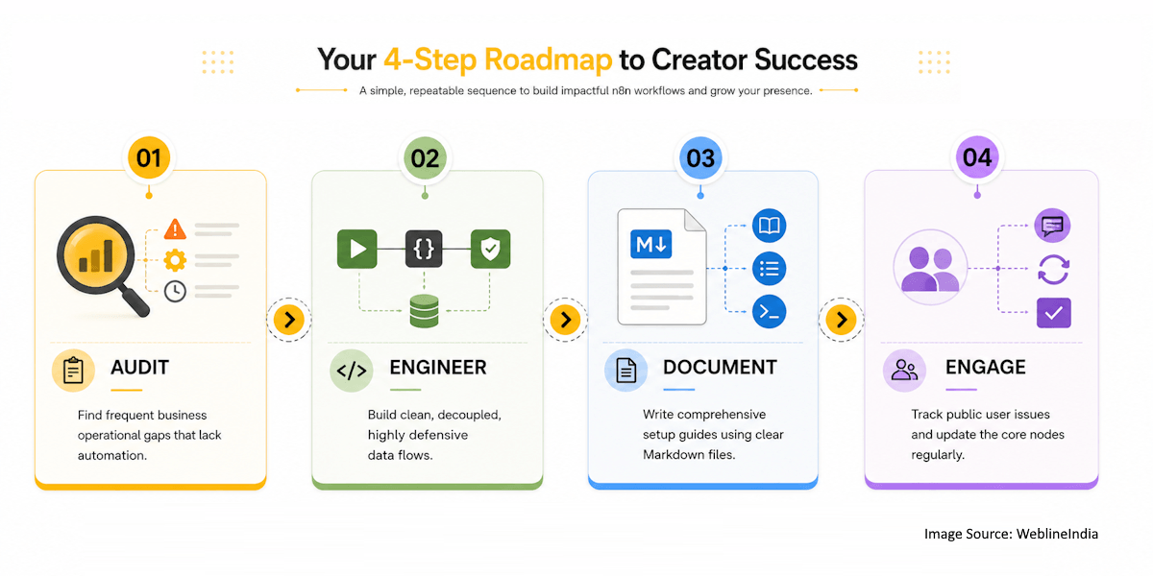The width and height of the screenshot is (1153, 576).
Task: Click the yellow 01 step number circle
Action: click(149, 157)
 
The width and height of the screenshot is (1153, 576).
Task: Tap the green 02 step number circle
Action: click(425, 157)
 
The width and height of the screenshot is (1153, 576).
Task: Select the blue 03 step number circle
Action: click(700, 157)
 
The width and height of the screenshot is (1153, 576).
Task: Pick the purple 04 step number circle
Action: click(977, 156)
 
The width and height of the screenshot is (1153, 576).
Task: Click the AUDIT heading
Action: click(140, 367)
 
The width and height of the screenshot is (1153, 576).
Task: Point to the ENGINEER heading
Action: click(438, 367)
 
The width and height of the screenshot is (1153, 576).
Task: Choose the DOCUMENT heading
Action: click(720, 367)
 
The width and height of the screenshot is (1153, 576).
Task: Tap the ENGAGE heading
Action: click(986, 367)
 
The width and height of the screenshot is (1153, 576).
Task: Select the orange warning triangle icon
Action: click(175, 229)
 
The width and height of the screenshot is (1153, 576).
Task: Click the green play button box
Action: click(357, 249)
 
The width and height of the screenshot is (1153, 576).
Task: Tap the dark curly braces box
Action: click(424, 249)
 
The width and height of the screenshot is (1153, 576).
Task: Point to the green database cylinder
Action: click(424, 311)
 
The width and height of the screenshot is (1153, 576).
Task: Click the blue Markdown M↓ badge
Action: click(651, 244)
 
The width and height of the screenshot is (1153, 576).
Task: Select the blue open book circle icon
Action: click(769, 226)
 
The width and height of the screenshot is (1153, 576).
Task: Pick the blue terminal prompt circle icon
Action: click(769, 312)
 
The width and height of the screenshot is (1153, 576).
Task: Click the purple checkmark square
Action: click(1054, 313)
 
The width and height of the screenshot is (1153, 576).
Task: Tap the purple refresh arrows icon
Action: click(1054, 270)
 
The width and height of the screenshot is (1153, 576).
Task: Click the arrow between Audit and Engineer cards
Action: click(289, 320)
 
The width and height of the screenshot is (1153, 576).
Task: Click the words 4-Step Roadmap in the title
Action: click(498, 60)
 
